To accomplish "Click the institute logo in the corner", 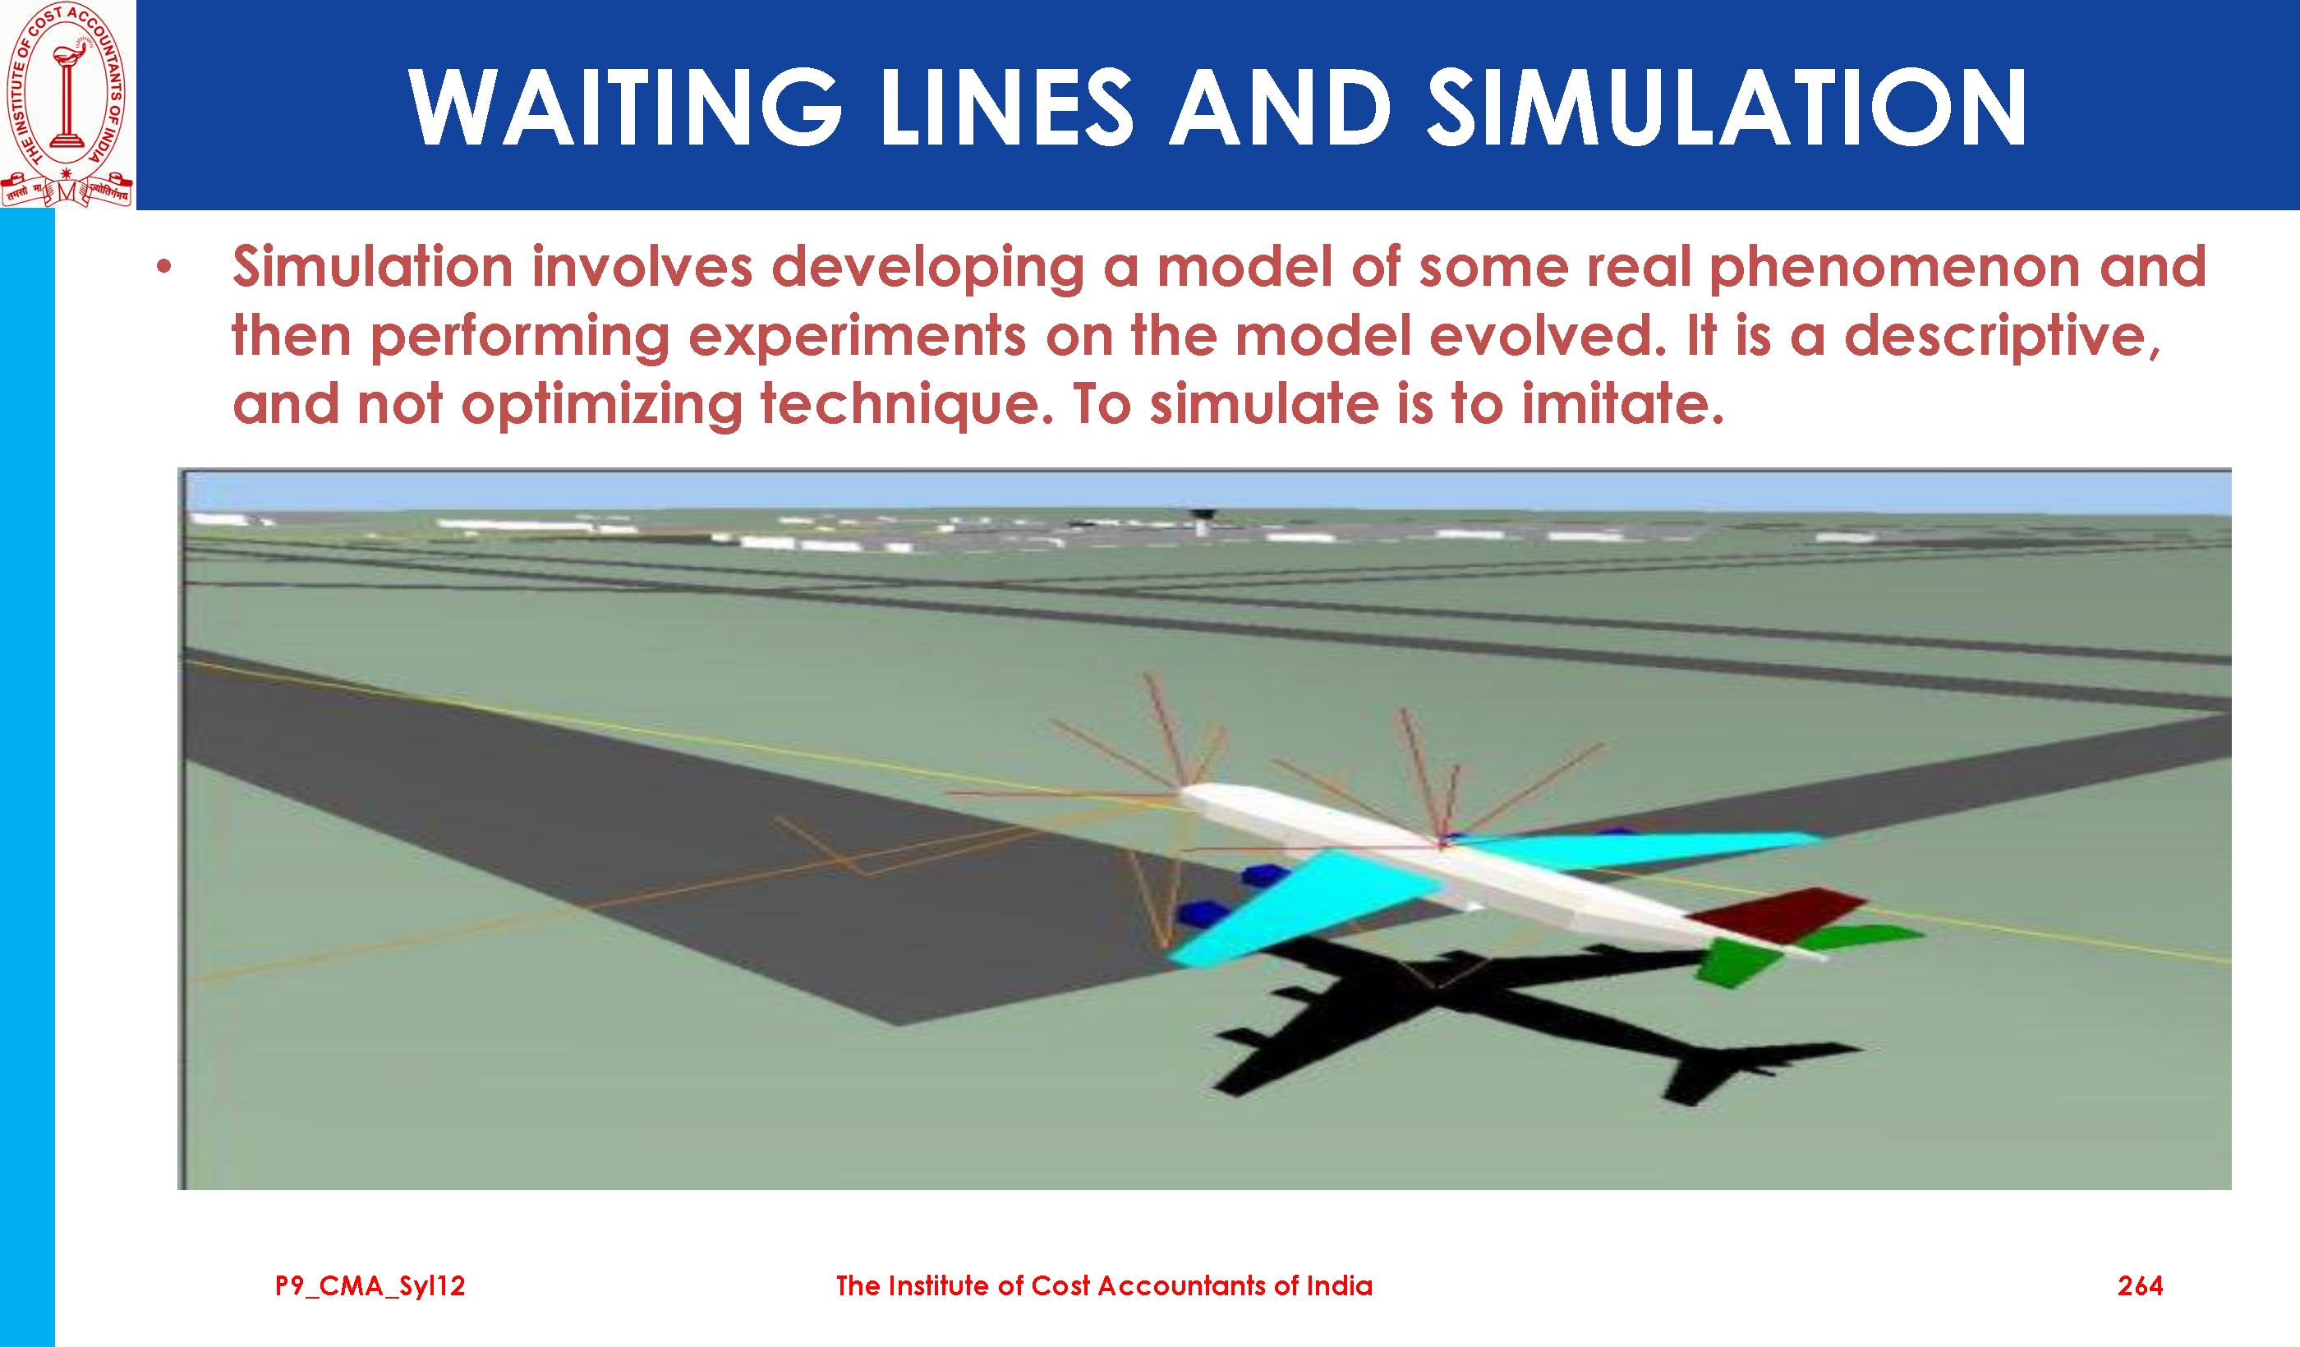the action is [67, 104].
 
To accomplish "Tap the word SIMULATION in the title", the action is [1727, 108].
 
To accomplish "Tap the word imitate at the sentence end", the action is [1621, 403].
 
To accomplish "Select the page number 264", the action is [2141, 1286].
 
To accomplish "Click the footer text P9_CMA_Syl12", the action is [370, 1287].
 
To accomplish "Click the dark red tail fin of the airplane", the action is [1775, 915].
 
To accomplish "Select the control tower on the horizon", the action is [1203, 523].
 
